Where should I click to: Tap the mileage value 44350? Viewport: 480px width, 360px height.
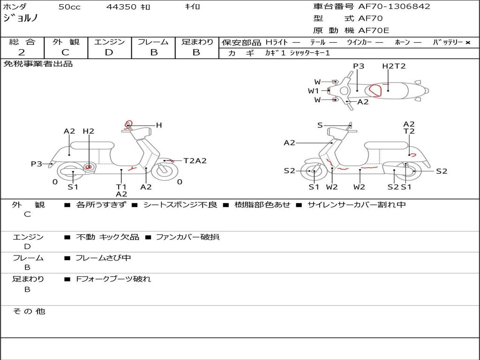tap(121, 7)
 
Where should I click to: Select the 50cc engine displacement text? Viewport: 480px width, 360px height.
tap(69, 7)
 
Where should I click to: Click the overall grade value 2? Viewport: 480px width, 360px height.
tap(22, 52)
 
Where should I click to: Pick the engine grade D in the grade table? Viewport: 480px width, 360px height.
tap(109, 52)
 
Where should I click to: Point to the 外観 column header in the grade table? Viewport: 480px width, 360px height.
tap(66, 42)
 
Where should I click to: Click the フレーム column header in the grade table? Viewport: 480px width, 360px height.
tap(153, 42)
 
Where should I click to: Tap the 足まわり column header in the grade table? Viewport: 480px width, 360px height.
tap(197, 42)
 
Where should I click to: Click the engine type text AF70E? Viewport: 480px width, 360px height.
tap(374, 31)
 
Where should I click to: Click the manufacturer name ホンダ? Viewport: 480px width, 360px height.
tap(15, 7)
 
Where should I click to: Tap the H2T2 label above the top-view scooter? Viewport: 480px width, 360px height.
tap(394, 66)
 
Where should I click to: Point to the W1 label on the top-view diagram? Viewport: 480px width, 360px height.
tap(313, 91)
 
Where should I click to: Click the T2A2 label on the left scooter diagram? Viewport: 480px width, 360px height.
tap(195, 161)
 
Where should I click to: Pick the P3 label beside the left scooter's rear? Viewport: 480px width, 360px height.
tap(36, 164)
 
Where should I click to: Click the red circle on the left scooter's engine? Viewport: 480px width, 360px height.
tap(89, 167)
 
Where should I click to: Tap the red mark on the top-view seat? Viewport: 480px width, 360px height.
tap(375, 89)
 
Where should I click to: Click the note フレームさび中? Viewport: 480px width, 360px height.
tap(103, 258)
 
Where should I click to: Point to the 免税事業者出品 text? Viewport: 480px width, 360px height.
tap(38, 64)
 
